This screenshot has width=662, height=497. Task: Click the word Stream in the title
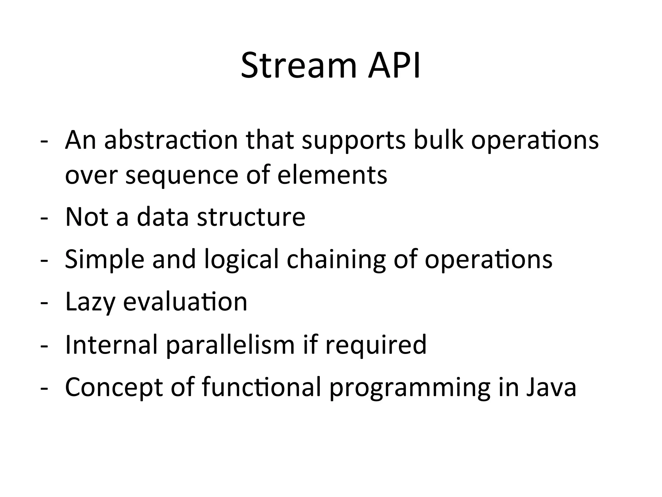click(299, 66)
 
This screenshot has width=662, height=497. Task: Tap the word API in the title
click(394, 66)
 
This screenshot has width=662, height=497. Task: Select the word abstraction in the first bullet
click(171, 140)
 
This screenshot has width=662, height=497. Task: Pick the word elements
click(332, 175)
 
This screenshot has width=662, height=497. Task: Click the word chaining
click(336, 260)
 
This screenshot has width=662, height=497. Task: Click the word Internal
click(112, 344)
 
